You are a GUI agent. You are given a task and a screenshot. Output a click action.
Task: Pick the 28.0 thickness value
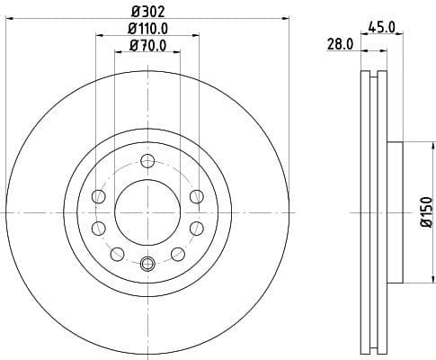340,45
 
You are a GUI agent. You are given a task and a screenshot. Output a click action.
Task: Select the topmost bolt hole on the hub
147,162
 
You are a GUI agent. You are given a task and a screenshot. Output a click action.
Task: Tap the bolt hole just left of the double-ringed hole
115,253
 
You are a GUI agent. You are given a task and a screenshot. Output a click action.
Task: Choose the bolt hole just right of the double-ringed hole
180,253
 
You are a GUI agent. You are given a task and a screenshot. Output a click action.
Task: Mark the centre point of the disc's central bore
147,213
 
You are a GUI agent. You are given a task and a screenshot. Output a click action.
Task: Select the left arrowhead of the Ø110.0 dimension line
98,37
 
